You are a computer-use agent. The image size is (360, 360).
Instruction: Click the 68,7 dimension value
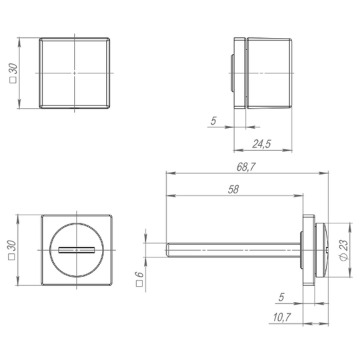[246, 167]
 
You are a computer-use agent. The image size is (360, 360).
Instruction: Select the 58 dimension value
[233, 189]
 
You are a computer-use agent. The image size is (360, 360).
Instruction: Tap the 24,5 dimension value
[262, 144]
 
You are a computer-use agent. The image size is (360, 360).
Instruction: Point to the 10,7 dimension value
[282, 317]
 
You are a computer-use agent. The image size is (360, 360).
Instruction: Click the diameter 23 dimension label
[344, 250]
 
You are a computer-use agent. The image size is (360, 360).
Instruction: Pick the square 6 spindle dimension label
[139, 279]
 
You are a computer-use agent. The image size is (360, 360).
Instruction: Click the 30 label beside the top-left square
[13, 73]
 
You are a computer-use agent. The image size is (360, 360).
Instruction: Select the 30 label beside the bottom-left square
[12, 250]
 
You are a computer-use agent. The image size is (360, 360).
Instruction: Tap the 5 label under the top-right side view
[213, 121]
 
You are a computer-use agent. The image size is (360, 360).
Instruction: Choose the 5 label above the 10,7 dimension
[281, 297]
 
